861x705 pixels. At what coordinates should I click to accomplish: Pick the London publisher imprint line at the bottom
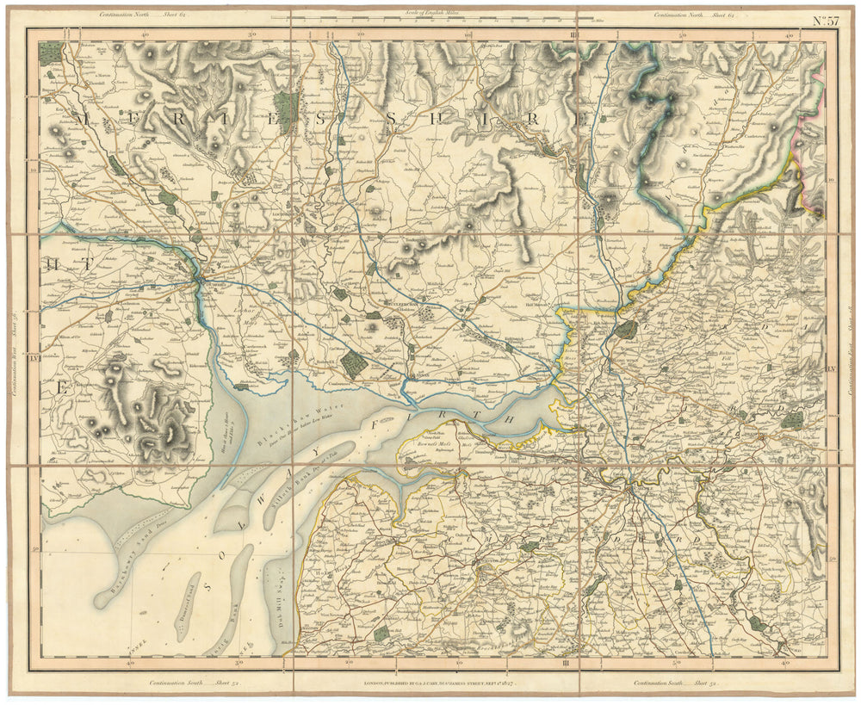433,683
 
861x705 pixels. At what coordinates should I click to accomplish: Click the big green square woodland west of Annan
353,363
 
